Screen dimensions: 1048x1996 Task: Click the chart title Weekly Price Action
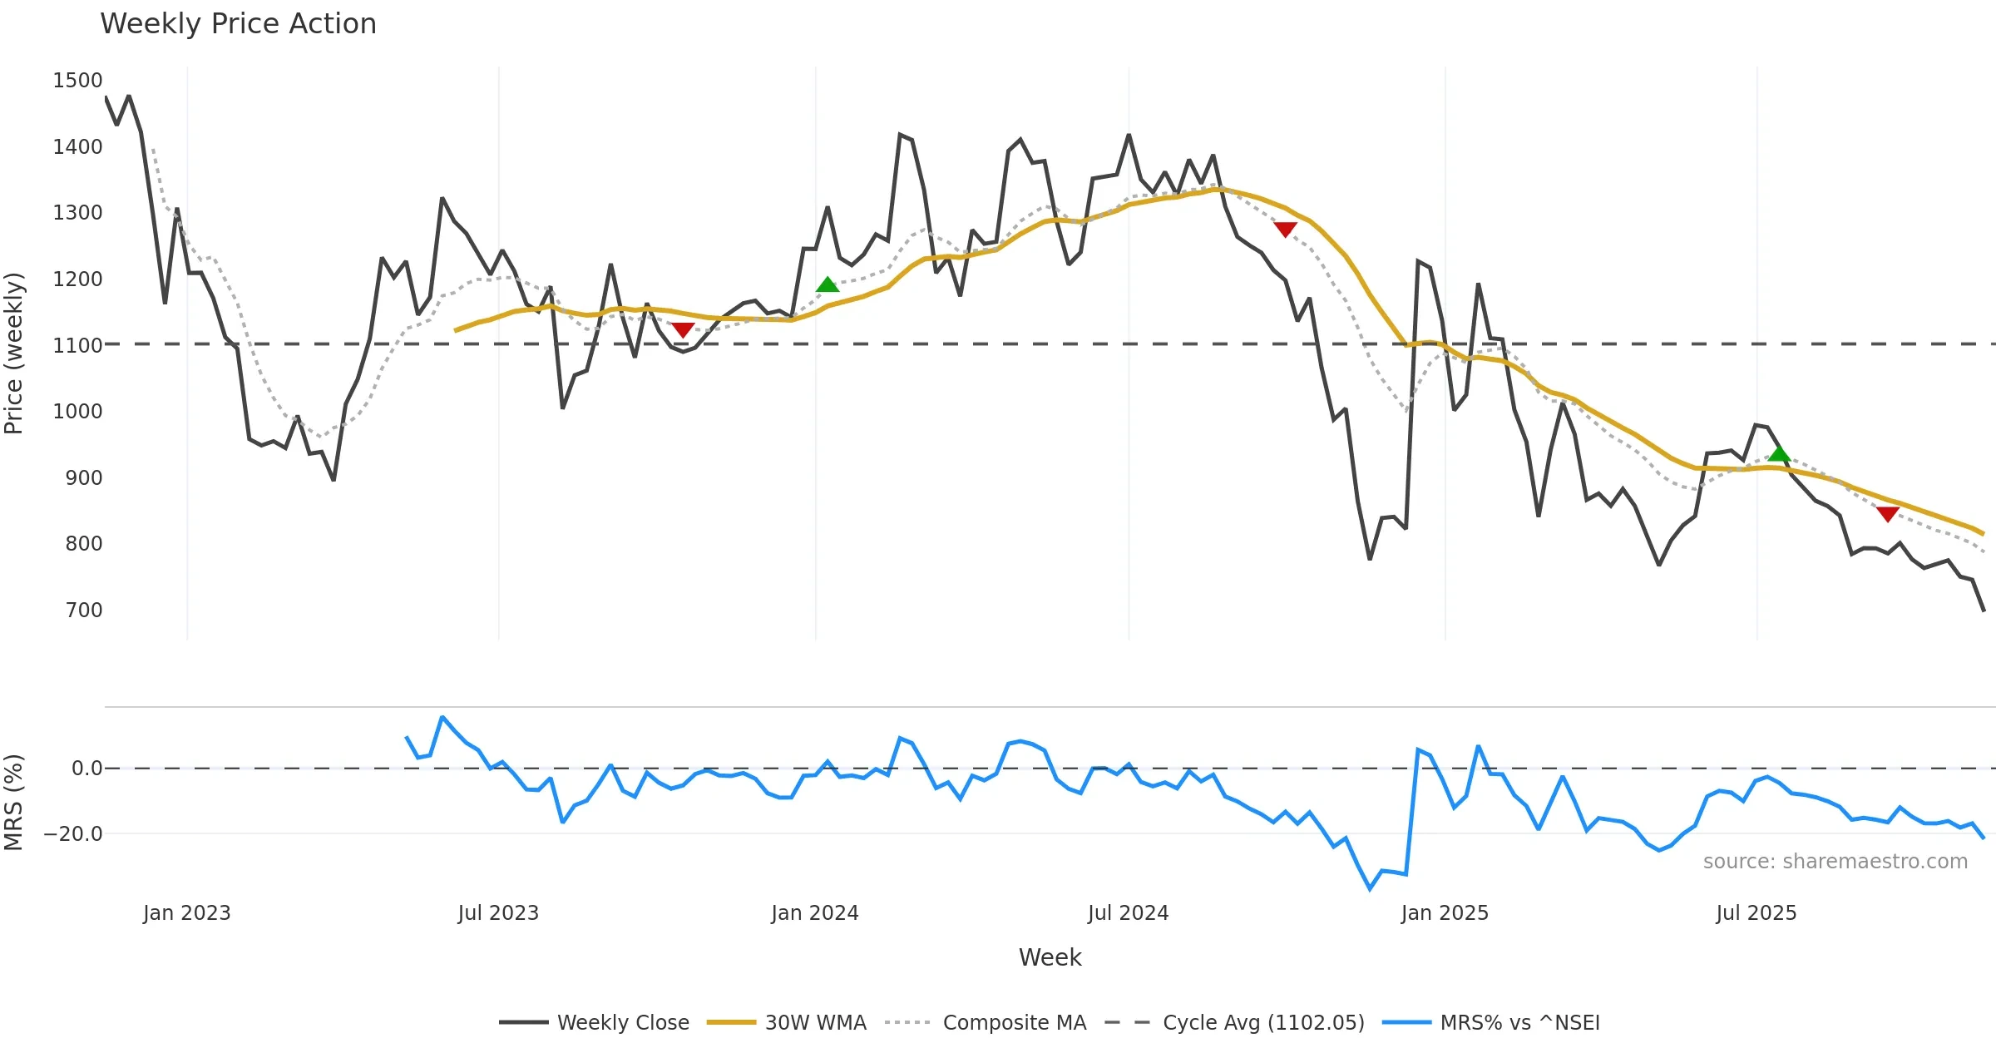(x=238, y=24)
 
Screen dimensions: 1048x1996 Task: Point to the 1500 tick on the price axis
(x=77, y=81)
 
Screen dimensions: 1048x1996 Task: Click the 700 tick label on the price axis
(x=84, y=611)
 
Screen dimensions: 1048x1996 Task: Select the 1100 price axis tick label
(x=77, y=345)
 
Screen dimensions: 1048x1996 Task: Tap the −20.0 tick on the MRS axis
(x=73, y=834)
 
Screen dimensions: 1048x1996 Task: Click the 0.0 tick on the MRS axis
(x=87, y=769)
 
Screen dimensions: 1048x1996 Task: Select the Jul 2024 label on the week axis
(x=1128, y=913)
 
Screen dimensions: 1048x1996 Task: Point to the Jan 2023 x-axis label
(x=186, y=913)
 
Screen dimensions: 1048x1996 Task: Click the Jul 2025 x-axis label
(x=1756, y=913)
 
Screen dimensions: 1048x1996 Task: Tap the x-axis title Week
(x=1050, y=958)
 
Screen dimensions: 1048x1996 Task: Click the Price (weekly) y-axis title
(x=14, y=353)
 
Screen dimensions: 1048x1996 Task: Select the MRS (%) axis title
(x=14, y=803)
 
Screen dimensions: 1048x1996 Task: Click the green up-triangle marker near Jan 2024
(x=827, y=285)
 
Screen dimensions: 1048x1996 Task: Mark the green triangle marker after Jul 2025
(x=1778, y=453)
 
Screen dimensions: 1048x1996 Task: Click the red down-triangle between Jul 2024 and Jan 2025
(x=1285, y=230)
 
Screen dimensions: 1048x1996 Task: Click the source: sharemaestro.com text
(x=1835, y=862)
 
